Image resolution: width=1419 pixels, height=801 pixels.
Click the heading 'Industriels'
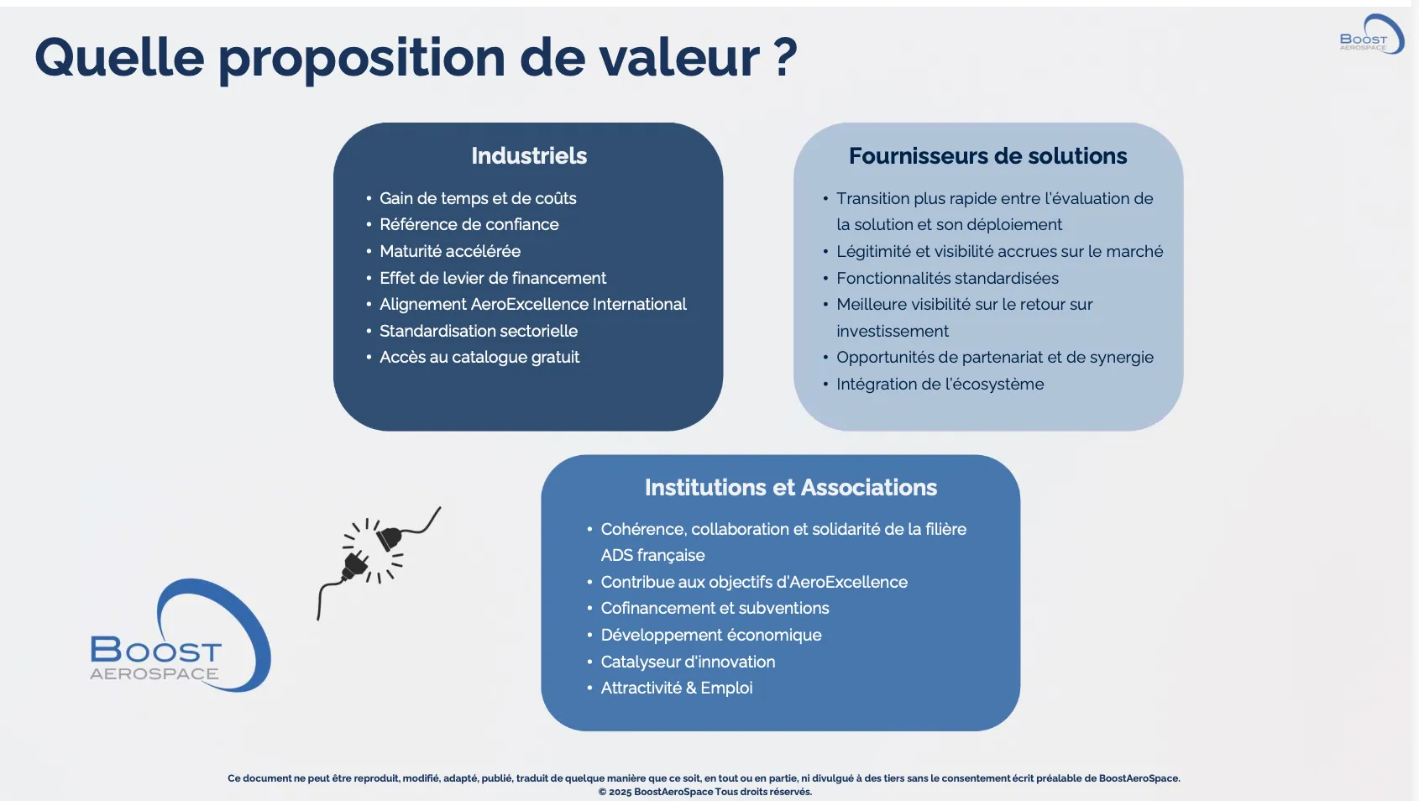click(x=529, y=156)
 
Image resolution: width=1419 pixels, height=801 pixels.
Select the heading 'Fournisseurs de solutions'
click(x=987, y=156)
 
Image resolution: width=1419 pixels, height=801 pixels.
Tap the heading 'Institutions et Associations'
click(x=790, y=488)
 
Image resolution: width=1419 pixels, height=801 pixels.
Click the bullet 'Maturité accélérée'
click(x=449, y=251)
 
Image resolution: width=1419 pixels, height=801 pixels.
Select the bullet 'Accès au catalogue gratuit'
click(x=479, y=357)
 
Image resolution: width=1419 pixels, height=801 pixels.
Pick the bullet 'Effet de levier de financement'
click(x=492, y=278)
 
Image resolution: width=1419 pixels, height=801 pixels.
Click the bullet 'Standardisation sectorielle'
click(x=478, y=331)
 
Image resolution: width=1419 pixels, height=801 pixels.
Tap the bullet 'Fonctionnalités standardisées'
click(x=947, y=278)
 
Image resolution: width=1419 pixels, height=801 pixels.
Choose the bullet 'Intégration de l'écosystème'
click(x=940, y=384)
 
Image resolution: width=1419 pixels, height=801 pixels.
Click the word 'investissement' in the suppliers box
click(x=892, y=331)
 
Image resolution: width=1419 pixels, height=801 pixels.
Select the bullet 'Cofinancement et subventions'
click(x=715, y=608)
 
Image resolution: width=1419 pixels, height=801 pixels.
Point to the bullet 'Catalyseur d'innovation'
click(x=688, y=662)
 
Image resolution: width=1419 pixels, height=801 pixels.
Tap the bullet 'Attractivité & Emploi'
click(x=676, y=688)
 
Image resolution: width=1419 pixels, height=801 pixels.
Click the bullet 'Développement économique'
click(x=710, y=635)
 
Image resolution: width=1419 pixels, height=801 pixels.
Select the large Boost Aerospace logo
click(x=181, y=638)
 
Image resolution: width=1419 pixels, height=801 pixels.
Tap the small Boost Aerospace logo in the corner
click(x=1370, y=35)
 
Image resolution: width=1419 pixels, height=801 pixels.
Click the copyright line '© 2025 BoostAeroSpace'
click(x=704, y=792)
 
